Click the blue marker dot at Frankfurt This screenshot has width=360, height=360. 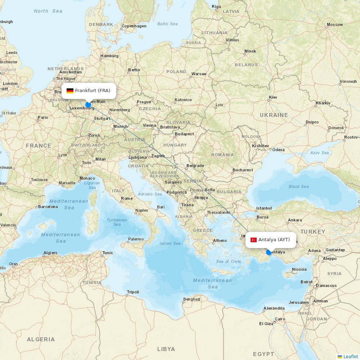coord(88,105)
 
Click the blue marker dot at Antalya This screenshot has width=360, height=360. coord(269,253)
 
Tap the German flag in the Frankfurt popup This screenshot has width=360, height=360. coord(70,91)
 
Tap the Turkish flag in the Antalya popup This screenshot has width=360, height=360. coord(253,240)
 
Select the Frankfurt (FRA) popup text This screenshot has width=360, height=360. coord(93,91)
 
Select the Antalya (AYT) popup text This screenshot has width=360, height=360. coord(274,240)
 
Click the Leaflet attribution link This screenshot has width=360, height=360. coord(350,356)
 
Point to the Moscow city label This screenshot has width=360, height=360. coord(335,25)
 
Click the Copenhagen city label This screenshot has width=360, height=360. coord(134,26)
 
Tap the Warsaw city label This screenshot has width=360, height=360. coord(199,74)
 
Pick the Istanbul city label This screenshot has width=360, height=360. coord(264,208)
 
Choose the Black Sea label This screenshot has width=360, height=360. coord(298,186)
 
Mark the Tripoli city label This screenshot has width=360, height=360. coord(133,292)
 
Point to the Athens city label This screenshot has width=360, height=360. coord(220,240)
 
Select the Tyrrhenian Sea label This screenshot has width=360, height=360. coord(117,222)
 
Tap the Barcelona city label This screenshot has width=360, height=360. coord(48,207)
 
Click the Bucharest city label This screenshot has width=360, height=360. coord(242,170)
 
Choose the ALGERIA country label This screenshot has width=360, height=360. coord(41,339)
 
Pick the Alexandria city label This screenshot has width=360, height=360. coord(274,308)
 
